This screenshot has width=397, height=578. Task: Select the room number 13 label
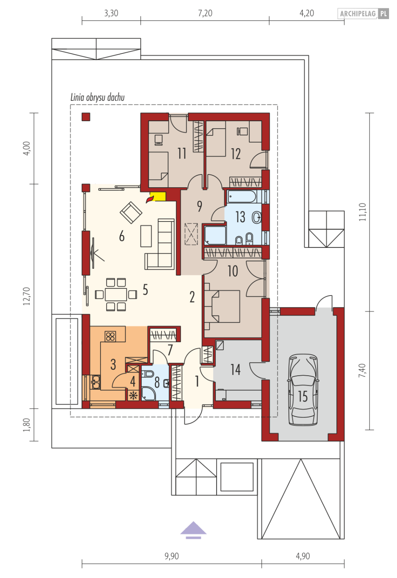tap(240, 217)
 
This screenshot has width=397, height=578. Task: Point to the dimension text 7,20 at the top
tap(205, 13)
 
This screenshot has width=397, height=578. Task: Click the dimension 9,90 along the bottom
tap(172, 556)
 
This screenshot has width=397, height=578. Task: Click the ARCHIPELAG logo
tap(363, 14)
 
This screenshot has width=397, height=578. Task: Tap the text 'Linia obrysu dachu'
tap(98, 97)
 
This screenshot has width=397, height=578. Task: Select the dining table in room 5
tap(116, 294)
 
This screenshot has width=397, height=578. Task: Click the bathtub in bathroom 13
tap(242, 197)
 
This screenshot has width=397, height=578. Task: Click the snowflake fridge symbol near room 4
tap(133, 395)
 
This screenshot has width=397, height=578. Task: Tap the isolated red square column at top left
tap(86, 117)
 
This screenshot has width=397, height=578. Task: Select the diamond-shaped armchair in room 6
tap(131, 213)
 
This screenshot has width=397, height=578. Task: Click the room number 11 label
tap(182, 153)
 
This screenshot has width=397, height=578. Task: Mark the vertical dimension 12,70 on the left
tap(27, 296)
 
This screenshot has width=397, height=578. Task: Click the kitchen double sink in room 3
tap(95, 382)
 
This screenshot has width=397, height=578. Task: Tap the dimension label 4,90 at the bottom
tap(303, 556)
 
